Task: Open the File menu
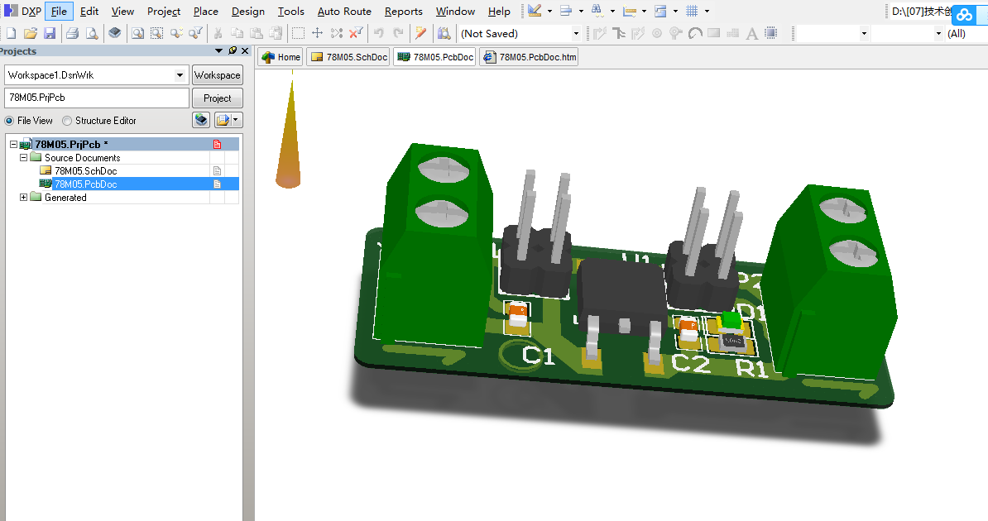(59, 12)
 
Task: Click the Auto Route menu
(344, 12)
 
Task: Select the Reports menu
(404, 12)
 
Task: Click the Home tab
(281, 57)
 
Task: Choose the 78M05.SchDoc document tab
(349, 57)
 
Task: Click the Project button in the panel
(217, 98)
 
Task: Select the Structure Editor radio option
(67, 121)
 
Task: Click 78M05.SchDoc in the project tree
(85, 171)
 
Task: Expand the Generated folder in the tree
(24, 198)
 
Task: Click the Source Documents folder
(82, 158)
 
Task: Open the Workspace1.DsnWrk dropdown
(180, 75)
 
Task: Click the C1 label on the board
(538, 356)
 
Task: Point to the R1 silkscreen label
(752, 369)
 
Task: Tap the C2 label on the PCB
(691, 363)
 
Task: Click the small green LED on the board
(731, 320)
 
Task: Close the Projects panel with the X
(244, 51)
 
